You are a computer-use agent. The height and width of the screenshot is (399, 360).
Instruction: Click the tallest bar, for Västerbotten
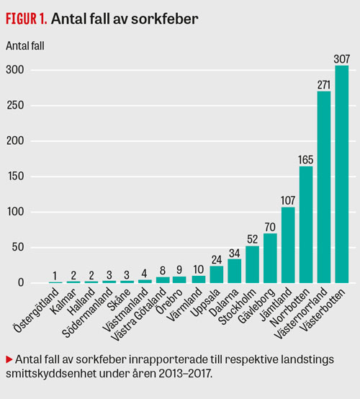tap(342, 174)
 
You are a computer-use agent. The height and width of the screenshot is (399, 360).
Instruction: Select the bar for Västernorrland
tap(324, 187)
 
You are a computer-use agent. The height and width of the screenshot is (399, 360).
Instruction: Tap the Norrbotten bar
tap(306, 225)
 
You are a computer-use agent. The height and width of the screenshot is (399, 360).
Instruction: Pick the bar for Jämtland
tap(288, 245)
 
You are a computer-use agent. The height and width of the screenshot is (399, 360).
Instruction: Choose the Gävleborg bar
tap(270, 259)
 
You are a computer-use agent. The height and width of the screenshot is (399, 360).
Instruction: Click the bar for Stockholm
tap(253, 264)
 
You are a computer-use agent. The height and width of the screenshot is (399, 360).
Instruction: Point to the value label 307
tap(342, 59)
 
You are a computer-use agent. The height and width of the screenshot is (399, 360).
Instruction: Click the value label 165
tap(305, 160)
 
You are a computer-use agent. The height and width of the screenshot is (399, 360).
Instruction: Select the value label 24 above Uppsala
tap(217, 260)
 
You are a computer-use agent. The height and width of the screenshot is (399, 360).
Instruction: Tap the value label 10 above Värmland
tap(199, 269)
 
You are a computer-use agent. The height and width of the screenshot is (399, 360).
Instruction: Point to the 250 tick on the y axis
tap(15, 105)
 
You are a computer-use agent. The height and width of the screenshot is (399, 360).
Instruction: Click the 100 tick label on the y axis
tap(16, 212)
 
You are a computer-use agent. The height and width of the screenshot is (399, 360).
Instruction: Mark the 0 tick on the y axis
tap(21, 283)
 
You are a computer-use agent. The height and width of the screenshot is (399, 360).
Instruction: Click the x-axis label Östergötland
tap(37, 310)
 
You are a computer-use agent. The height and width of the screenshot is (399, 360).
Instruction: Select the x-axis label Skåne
tap(120, 300)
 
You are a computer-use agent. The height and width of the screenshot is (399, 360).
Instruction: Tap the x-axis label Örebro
tap(169, 302)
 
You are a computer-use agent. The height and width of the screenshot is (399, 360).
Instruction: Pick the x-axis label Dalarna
tap(223, 302)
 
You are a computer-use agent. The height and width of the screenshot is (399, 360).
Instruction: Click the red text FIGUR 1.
tap(27, 19)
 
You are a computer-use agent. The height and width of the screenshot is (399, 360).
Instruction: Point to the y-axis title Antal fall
tap(25, 46)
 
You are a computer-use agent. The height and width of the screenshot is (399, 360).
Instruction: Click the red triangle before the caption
tap(9, 359)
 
